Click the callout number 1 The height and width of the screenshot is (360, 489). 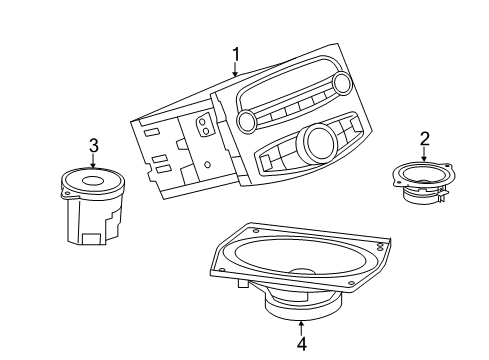click(x=236, y=54)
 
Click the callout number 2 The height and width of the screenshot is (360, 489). click(x=424, y=139)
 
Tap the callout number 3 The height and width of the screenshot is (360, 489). click(x=93, y=145)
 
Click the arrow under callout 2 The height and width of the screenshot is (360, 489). click(x=424, y=155)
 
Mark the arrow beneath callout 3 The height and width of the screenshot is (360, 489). click(x=93, y=161)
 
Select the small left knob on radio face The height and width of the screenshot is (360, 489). click(x=246, y=121)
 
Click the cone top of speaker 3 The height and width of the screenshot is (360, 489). click(x=93, y=183)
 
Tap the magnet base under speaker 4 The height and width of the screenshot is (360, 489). click(x=301, y=311)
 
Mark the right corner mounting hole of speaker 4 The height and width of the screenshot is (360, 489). click(x=379, y=244)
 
